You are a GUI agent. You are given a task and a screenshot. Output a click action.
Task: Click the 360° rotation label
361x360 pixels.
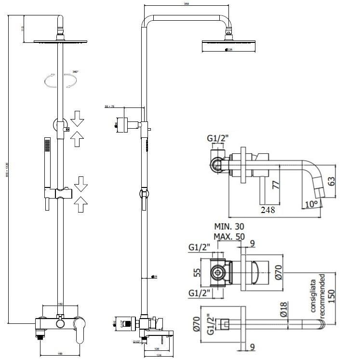(x=75, y=71)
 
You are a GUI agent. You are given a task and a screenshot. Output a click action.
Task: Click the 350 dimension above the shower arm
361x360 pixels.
(x=186, y=4)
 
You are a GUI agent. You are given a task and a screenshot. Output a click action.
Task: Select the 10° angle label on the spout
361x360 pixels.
(x=312, y=204)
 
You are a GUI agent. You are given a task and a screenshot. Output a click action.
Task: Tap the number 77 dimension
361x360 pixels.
(x=275, y=185)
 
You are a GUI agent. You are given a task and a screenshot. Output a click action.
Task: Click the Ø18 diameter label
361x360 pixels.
(x=284, y=307)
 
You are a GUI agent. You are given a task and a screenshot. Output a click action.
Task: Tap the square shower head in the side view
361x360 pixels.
(x=225, y=46)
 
